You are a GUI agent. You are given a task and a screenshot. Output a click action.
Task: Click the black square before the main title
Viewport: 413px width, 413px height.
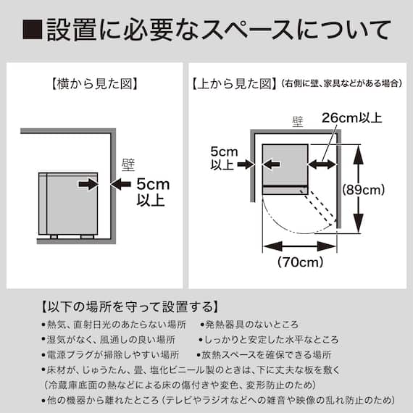(x=32, y=30)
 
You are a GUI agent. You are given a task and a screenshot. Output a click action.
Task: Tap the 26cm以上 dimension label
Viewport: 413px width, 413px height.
(x=351, y=117)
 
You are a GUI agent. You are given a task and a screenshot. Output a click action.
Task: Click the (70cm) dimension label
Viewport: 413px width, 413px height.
(x=300, y=262)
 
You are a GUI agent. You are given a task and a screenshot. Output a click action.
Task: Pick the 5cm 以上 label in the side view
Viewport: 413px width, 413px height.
(x=152, y=192)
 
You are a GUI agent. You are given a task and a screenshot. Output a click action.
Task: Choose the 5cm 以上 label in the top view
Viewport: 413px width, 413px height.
(x=222, y=158)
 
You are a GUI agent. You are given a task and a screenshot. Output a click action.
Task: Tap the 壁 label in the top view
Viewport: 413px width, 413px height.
(x=296, y=123)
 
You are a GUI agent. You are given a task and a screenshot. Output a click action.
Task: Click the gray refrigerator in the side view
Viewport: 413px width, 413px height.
(x=67, y=203)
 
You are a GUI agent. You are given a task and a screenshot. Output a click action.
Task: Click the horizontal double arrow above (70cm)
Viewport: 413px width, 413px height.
(x=299, y=246)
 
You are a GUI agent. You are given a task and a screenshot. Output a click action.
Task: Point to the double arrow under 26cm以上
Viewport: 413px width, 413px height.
(x=323, y=164)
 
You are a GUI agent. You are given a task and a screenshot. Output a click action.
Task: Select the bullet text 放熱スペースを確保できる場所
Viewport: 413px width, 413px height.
(x=264, y=355)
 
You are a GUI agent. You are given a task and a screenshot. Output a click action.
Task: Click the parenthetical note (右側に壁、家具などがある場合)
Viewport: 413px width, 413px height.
(x=341, y=83)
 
